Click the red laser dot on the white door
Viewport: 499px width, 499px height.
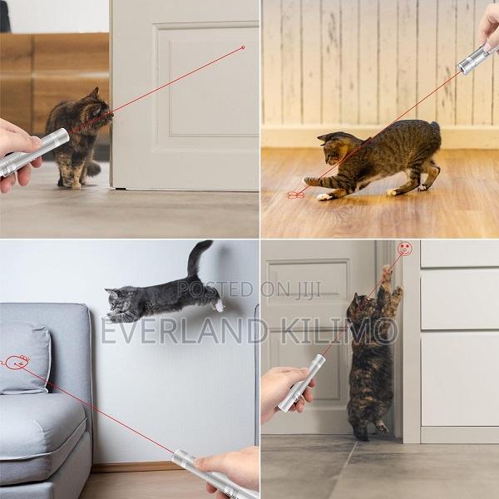pos(243,47)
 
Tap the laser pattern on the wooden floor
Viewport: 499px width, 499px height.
pos(294,195)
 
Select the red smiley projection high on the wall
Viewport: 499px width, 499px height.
pos(404,248)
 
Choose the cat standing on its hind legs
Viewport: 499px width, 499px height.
pos(372,358)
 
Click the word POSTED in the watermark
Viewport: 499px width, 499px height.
pos(204,289)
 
